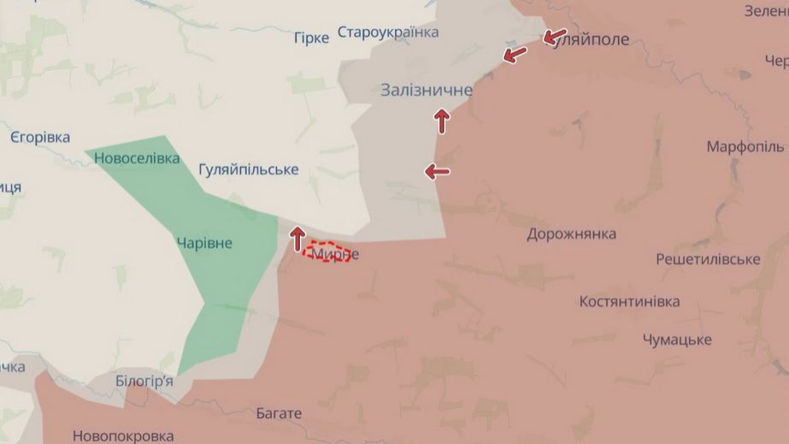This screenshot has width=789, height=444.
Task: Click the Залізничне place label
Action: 427,90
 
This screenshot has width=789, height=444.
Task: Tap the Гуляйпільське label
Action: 248,169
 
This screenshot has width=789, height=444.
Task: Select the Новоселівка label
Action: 137,158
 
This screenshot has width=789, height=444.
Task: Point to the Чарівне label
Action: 204,243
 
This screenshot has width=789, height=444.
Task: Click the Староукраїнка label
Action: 388,33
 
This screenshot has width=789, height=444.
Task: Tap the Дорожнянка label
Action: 571,234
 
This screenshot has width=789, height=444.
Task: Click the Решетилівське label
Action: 708,258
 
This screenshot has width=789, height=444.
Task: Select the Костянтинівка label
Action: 629,301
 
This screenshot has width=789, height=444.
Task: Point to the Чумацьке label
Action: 677,340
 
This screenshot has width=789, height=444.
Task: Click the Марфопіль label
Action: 745,146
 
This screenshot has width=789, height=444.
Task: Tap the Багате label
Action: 279,413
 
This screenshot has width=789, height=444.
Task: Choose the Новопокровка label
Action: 123,435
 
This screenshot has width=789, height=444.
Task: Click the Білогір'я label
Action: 144,381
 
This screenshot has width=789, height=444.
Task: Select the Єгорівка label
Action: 40,137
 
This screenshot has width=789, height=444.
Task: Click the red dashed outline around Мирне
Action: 330,251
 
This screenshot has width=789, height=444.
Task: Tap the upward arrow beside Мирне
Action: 297,238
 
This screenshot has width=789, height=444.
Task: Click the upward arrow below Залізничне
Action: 442,121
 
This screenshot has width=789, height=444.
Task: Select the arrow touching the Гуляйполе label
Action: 555,37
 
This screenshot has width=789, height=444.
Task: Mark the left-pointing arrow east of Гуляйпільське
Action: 437,172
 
